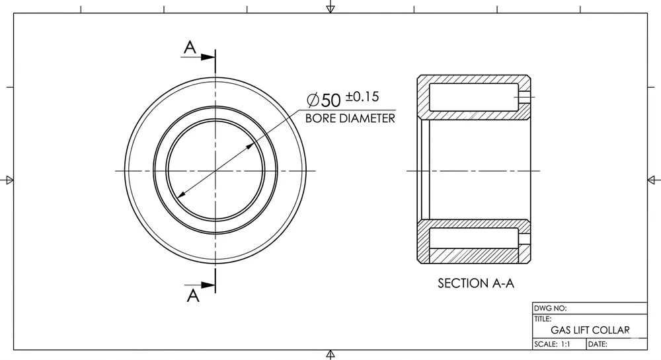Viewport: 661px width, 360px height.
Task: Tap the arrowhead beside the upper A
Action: click(209, 57)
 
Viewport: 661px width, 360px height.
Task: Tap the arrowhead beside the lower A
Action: click(209, 285)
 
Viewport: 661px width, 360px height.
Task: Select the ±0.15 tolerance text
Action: click(362, 96)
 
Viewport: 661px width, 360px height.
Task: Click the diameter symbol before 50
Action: click(313, 100)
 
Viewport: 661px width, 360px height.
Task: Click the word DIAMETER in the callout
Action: click(368, 119)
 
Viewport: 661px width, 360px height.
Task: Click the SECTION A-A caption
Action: click(476, 283)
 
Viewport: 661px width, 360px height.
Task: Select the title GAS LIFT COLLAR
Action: click(590, 330)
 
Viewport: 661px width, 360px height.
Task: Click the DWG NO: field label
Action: click(550, 308)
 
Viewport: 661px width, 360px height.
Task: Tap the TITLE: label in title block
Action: click(543, 318)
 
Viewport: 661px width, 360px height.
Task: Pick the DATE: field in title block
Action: click(598, 344)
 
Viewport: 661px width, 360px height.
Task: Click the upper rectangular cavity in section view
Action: click(473, 97)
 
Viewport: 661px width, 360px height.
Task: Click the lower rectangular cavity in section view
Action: click(473, 238)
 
